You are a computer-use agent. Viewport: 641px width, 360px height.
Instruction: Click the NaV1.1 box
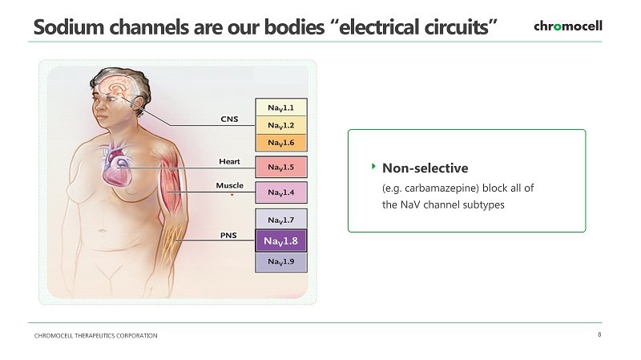pos(281,107)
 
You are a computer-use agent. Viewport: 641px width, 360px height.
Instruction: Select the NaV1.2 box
pos(281,125)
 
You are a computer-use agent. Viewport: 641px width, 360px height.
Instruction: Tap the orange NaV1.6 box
pos(281,143)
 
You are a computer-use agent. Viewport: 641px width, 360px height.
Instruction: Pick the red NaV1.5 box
pos(281,167)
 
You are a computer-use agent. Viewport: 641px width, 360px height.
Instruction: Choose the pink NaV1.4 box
pos(281,192)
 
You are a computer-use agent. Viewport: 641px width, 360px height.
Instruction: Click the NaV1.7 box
pos(281,220)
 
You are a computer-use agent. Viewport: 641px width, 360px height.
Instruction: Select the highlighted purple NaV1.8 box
pos(281,241)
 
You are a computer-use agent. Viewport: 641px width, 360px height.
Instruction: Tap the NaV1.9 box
pos(281,262)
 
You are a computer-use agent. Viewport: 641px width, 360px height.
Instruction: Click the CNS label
pos(229,119)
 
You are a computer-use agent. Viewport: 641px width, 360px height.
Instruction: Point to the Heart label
pos(229,162)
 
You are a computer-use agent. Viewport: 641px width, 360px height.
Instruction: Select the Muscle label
pos(229,186)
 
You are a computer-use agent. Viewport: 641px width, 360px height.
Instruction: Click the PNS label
pos(228,235)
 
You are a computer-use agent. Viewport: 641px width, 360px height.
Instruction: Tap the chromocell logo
pos(568,26)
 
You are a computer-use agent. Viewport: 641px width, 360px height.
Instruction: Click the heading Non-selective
pos(425,168)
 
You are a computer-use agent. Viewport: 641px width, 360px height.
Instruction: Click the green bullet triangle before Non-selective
pos(373,166)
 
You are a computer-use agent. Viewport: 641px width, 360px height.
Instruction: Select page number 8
pos(599,334)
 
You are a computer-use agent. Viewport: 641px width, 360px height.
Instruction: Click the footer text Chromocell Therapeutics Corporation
pos(95,335)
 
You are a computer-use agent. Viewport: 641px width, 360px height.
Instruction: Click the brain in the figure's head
pos(116,87)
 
